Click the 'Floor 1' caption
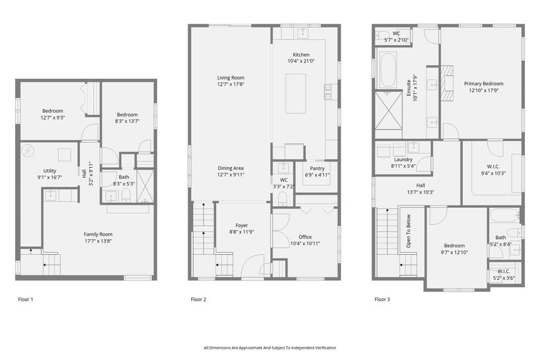(25, 299)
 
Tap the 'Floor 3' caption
(382, 299)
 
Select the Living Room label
(230, 78)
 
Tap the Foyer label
(242, 225)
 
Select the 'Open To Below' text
(408, 232)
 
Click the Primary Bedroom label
(483, 83)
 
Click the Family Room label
(98, 234)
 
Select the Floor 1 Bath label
(124, 177)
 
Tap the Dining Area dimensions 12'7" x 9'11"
(230, 175)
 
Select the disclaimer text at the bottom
(269, 347)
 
